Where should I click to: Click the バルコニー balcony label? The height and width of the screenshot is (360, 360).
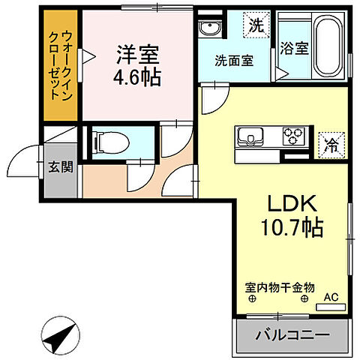coord(291,335)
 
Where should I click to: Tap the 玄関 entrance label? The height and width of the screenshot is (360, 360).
coord(61,166)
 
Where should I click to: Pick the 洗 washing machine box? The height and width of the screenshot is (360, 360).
coord(256,24)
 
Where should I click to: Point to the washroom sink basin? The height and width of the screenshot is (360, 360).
coord(210,29)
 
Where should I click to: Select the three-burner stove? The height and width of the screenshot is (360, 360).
coord(291,136)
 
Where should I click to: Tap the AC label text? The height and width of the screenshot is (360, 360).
coord(331,298)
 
